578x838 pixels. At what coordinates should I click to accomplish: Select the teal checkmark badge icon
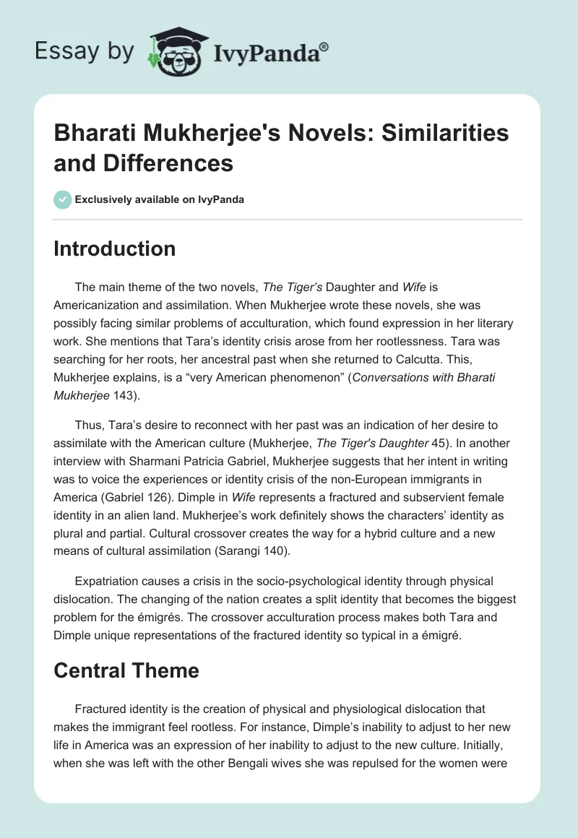[63, 199]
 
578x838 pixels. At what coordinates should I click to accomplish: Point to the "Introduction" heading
[115, 249]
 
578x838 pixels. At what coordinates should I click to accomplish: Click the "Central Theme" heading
[126, 670]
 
